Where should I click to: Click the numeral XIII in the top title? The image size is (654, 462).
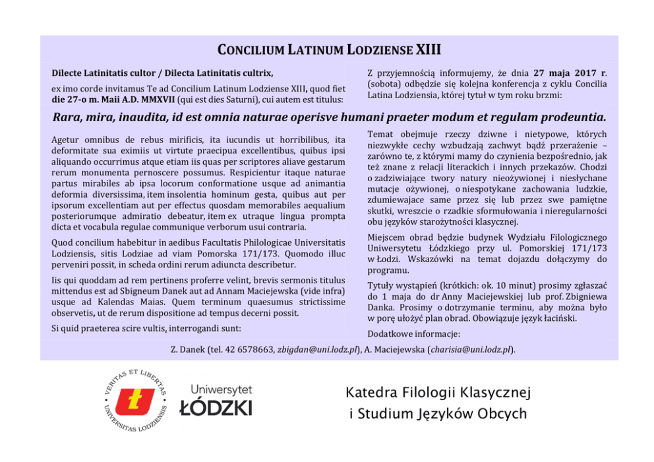pos(429,50)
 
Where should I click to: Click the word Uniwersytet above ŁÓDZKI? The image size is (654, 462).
pos(221,390)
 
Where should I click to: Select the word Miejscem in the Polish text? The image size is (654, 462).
pos(388,237)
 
